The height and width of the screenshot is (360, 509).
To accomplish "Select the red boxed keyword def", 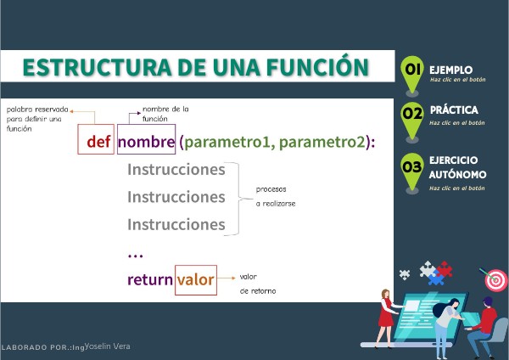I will pos(98,141).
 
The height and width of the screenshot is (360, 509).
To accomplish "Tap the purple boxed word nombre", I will pos(145,141).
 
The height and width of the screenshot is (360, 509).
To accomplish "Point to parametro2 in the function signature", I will pos(322,141).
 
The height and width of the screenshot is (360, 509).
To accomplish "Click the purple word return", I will pos(149,279).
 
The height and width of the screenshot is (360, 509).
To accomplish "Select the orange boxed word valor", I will pos(195,279).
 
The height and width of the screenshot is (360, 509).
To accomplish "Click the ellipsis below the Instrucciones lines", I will pos(135,254).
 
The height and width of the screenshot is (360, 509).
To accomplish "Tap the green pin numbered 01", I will pos(413,72).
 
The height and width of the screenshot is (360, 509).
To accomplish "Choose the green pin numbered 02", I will pos(413,116).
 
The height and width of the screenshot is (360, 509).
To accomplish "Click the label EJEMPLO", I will pos(450,69).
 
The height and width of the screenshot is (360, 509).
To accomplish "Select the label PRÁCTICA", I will pos(454,110).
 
